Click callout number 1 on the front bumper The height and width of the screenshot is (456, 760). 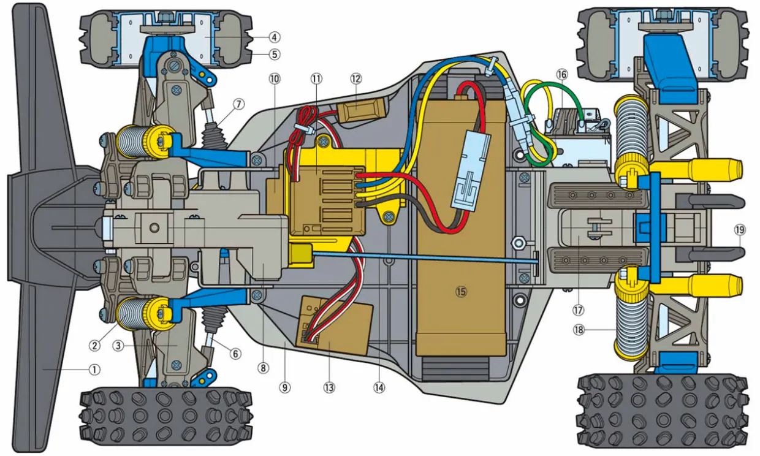click(94, 370)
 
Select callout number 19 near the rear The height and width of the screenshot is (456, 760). click(739, 230)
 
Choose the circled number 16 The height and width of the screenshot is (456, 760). click(562, 74)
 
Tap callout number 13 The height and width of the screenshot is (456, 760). click(330, 387)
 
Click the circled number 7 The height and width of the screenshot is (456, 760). click(238, 103)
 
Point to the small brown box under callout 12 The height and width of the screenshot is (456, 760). click(359, 113)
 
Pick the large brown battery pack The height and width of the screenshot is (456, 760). click(461, 233)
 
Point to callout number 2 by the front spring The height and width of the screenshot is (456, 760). click(94, 346)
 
